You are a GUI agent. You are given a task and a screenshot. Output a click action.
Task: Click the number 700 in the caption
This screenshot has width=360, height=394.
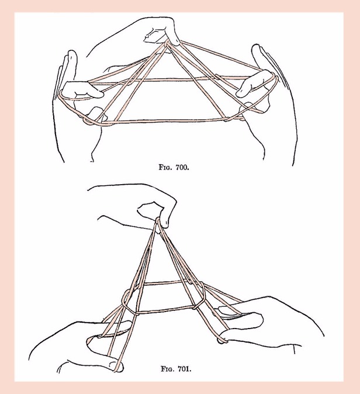tap(182, 167)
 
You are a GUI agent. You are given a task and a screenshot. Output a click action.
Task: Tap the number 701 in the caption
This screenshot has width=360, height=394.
tap(185, 369)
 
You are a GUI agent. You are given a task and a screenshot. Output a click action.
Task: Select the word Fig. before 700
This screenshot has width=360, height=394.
tap(166, 167)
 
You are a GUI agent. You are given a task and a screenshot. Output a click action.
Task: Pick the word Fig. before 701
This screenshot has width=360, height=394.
tap(168, 369)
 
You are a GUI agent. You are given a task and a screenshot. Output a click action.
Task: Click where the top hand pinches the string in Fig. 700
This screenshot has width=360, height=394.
tap(167, 44)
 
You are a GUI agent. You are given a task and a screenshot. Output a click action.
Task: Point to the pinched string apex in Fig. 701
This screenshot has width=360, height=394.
tap(158, 222)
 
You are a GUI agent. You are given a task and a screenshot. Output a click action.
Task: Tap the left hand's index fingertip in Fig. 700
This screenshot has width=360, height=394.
tap(100, 94)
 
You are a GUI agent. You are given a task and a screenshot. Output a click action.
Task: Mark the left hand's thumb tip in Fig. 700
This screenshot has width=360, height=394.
tap(95, 111)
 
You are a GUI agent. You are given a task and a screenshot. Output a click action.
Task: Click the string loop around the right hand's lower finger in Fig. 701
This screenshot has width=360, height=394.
tap(221, 340)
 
